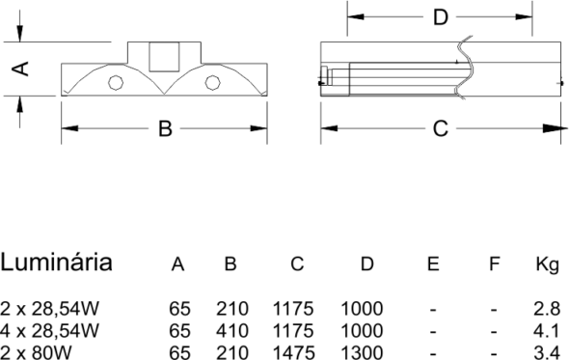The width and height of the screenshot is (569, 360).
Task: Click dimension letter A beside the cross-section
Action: pyautogui.click(x=20, y=69)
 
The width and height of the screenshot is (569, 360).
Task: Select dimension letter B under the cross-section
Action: pyautogui.click(x=165, y=128)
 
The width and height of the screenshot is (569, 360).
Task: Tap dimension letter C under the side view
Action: pyautogui.click(x=441, y=128)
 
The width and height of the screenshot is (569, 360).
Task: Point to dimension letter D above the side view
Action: pyautogui.click(x=441, y=17)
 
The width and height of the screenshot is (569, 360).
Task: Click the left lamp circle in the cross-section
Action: pyautogui.click(x=116, y=82)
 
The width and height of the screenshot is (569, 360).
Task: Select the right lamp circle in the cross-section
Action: pyautogui.click(x=212, y=82)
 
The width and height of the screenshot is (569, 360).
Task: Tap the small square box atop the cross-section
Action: pyautogui.click(x=164, y=57)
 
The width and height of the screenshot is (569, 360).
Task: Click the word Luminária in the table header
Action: pyautogui.click(x=56, y=263)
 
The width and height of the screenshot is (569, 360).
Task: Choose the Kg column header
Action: pyautogui.click(x=548, y=264)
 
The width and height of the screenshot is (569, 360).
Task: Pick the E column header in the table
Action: pyautogui.click(x=433, y=263)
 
